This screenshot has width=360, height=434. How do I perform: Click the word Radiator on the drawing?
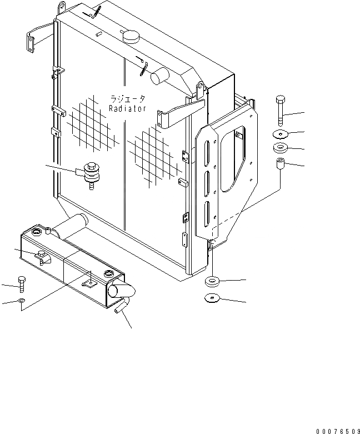[x=127, y=109]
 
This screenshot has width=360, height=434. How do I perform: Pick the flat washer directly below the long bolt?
[x=281, y=134]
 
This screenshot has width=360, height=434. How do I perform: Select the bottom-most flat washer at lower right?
[x=213, y=298]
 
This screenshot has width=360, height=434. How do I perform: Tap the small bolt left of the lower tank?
[x=22, y=283]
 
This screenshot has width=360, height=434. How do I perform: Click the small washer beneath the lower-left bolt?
[x=21, y=301]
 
